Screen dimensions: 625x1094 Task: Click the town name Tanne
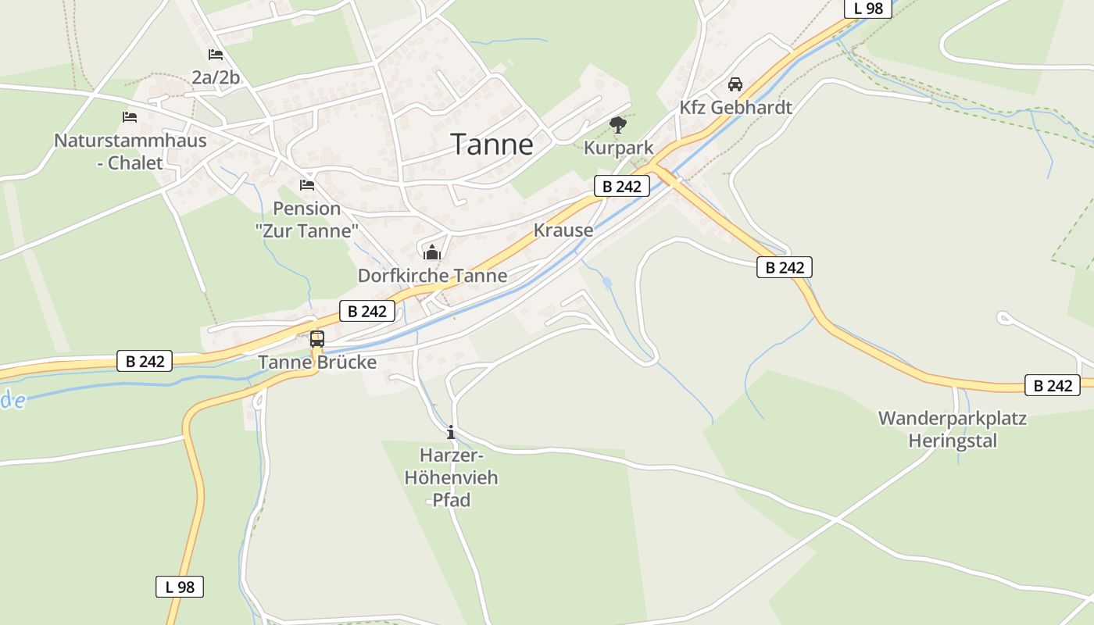point(492,145)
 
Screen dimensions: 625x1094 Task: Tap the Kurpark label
point(618,148)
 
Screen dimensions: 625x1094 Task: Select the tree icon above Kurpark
point(618,124)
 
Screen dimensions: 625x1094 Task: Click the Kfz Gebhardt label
point(735,108)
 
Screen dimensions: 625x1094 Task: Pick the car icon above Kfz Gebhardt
point(735,84)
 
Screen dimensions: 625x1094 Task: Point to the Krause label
point(563,230)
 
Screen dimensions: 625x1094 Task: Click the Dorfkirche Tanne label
point(432,276)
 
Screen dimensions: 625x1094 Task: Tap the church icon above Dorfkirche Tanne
point(432,252)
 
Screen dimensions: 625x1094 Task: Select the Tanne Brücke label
point(317,362)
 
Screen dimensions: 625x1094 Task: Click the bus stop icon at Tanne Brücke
point(317,339)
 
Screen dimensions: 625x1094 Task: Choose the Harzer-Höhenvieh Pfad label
point(451,477)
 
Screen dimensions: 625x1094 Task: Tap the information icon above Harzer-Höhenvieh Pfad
point(450,432)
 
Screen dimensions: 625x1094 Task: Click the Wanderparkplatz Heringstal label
point(952,429)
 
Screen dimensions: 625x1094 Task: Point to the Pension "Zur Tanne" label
point(307,220)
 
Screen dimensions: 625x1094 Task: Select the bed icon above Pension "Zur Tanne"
point(307,185)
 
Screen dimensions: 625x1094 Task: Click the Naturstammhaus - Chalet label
point(130,152)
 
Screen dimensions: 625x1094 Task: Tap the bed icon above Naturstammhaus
point(130,117)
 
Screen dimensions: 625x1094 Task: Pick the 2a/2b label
point(216,77)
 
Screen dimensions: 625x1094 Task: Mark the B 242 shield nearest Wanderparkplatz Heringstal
point(1052,385)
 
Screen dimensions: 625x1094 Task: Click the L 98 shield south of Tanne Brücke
point(180,587)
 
